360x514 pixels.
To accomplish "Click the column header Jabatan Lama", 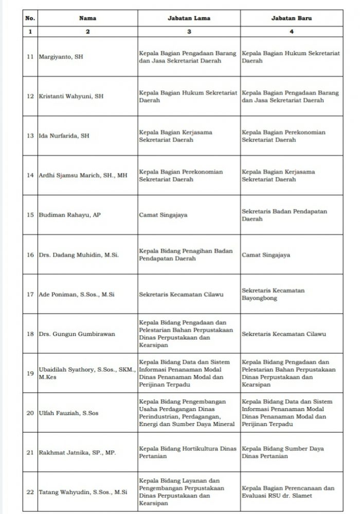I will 189,18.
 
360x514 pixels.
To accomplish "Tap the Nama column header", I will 87,18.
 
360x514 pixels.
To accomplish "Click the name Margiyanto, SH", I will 61,57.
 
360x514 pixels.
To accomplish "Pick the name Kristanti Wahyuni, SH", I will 71,96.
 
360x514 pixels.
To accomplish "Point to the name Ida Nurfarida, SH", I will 64,136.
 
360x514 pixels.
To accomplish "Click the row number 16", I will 30,255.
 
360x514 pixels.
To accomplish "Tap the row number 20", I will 30,413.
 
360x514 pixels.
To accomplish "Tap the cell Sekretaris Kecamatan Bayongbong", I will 273,294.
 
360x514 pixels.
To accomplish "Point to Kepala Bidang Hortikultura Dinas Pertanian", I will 188,452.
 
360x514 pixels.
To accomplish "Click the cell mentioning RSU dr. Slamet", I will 288,492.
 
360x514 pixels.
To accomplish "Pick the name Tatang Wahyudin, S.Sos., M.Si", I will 83,492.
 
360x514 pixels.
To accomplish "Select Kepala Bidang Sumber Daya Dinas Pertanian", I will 283,452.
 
